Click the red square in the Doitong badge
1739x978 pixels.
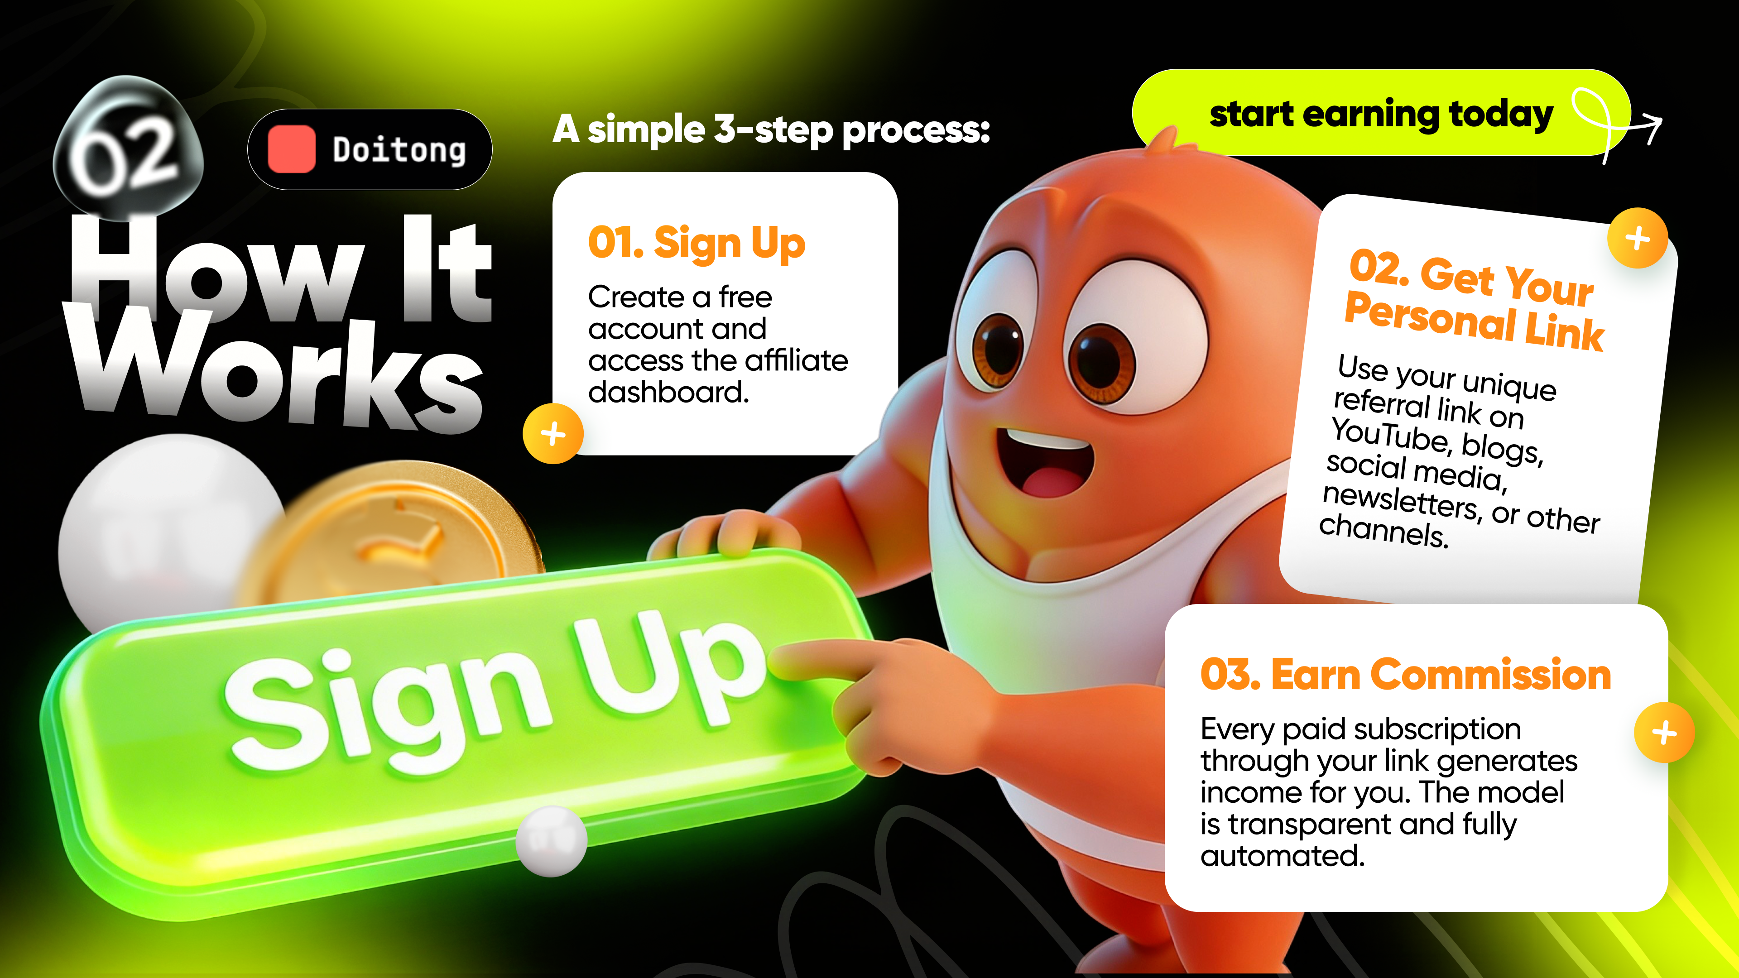(292, 149)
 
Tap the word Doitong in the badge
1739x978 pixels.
(399, 150)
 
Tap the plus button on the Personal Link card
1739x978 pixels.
(1638, 238)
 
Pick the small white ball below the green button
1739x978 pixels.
(551, 841)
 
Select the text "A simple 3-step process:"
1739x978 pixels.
(771, 129)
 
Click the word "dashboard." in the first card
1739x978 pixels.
(668, 392)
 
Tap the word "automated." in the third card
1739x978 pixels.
(1283, 856)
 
